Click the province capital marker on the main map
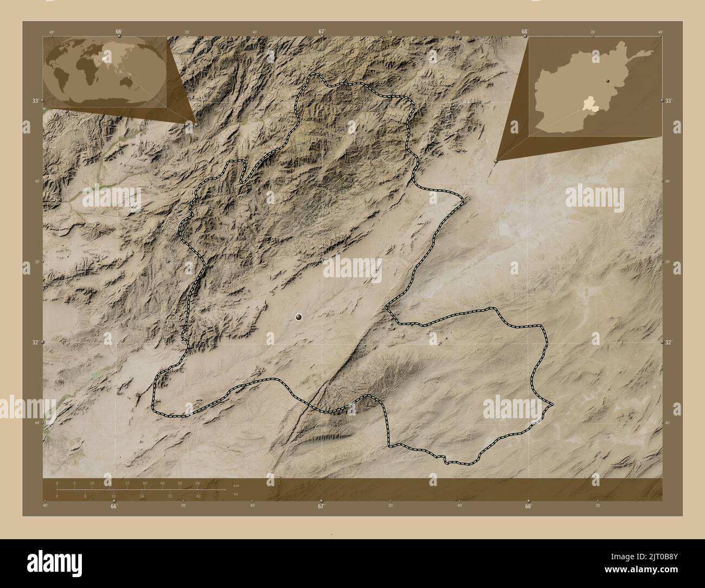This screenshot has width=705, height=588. (299, 317)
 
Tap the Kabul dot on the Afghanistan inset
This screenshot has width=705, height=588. (608, 81)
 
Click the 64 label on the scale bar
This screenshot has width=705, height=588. (197, 483)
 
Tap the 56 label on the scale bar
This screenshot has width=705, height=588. (180, 483)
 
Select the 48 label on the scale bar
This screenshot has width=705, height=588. (162, 483)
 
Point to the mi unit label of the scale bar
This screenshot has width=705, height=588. (235, 495)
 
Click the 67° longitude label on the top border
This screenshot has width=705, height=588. (321, 31)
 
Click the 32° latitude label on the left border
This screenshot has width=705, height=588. (35, 343)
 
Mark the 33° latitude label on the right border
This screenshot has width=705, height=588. (669, 101)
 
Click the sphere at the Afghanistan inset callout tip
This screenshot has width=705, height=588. (496, 161)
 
